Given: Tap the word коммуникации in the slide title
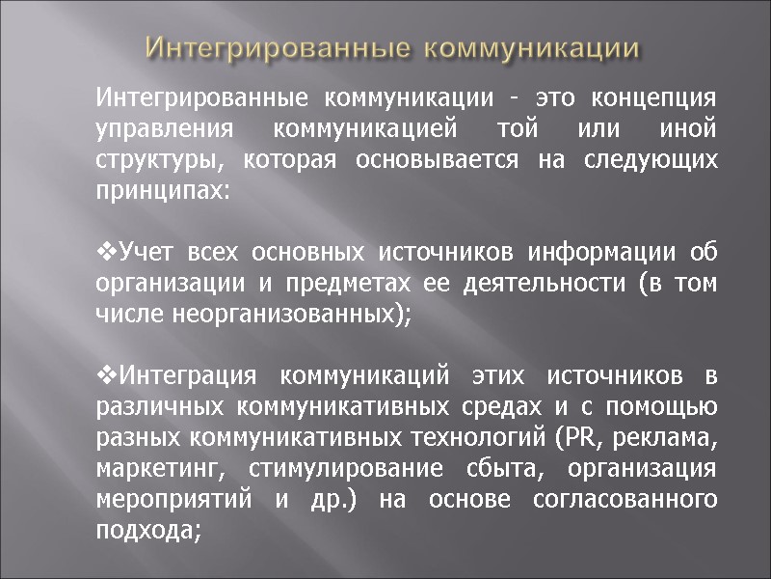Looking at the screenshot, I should click(533, 47).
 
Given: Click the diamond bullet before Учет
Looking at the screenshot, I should click(107, 253).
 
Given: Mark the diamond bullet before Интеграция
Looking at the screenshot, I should click(107, 376).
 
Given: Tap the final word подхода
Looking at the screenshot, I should click(149, 531).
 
